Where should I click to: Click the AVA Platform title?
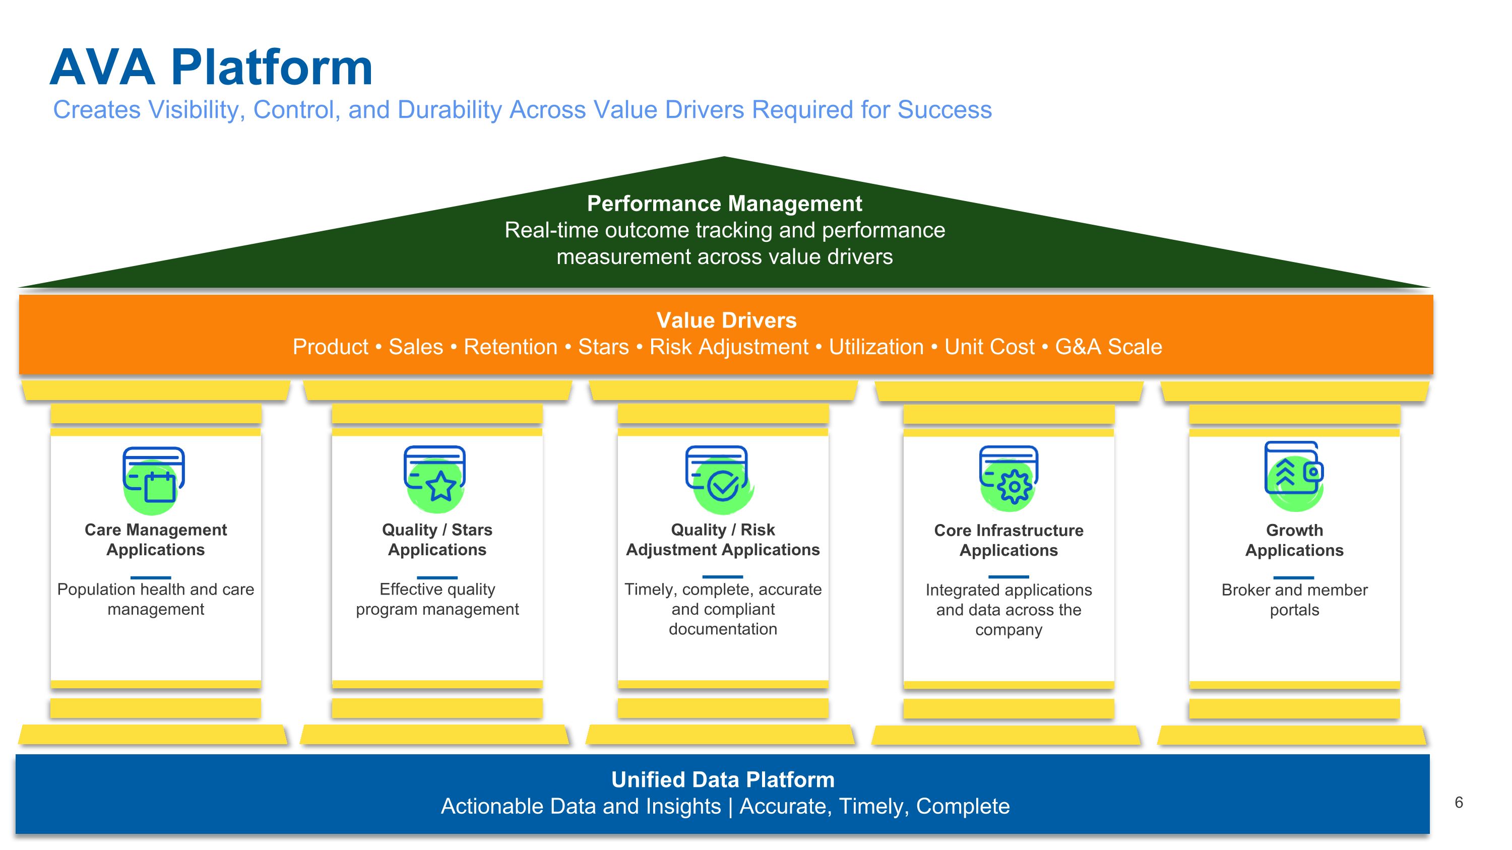[x=211, y=68]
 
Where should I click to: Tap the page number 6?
[x=1459, y=803]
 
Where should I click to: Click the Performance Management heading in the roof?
[x=724, y=204]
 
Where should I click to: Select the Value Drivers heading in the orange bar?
[x=726, y=320]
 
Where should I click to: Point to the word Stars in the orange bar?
[x=603, y=347]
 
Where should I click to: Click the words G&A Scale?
[x=1108, y=347]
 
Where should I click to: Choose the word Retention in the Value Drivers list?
[x=510, y=347]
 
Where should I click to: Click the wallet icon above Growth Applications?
[x=1294, y=472]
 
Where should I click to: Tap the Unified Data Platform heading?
[x=723, y=779]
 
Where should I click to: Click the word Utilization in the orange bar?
[x=876, y=347]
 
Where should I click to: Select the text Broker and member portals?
[x=1294, y=600]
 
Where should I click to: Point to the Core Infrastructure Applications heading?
[x=1009, y=540]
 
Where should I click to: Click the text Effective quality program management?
[x=437, y=599]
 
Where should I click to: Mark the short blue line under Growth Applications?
[x=1294, y=577]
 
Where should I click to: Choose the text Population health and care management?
[x=156, y=599]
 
